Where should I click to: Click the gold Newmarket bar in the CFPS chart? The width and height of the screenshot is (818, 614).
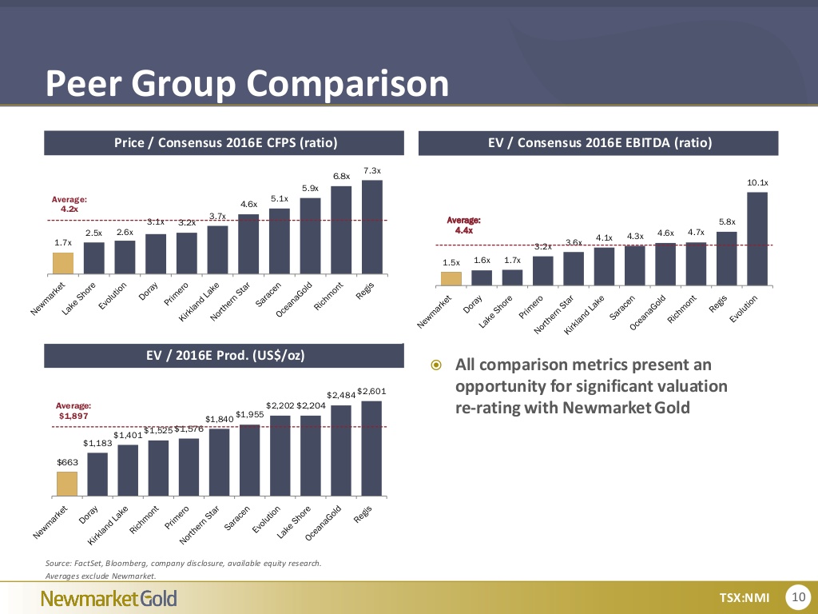(x=63, y=263)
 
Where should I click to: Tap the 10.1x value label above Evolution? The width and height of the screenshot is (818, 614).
(x=757, y=183)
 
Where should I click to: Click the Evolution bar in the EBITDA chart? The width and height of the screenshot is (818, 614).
(x=757, y=238)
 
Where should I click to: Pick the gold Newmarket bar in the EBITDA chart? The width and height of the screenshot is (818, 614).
(x=451, y=278)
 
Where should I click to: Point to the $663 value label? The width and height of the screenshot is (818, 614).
(x=67, y=462)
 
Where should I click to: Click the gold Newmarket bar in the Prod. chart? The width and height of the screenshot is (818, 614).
(x=67, y=484)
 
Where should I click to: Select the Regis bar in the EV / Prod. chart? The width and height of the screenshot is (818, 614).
(x=372, y=448)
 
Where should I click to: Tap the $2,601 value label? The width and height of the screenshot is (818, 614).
(x=372, y=391)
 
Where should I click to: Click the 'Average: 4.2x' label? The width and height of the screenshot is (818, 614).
(x=69, y=203)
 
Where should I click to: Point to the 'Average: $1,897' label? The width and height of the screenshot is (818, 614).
(x=74, y=411)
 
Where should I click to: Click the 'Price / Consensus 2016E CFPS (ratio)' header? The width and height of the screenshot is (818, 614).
(x=226, y=143)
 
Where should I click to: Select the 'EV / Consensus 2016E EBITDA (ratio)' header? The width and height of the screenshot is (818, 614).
(x=599, y=143)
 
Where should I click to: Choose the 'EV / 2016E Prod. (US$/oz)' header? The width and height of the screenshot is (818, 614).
(x=224, y=355)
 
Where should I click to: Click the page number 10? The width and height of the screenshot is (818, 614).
(x=798, y=596)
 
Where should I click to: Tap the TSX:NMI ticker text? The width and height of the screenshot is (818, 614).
(x=744, y=597)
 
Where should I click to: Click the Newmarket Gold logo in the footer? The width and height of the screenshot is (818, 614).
(x=109, y=598)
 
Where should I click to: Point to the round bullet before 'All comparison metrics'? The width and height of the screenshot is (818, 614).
(x=435, y=366)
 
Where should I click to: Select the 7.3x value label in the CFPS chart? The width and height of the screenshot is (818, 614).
(x=372, y=170)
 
